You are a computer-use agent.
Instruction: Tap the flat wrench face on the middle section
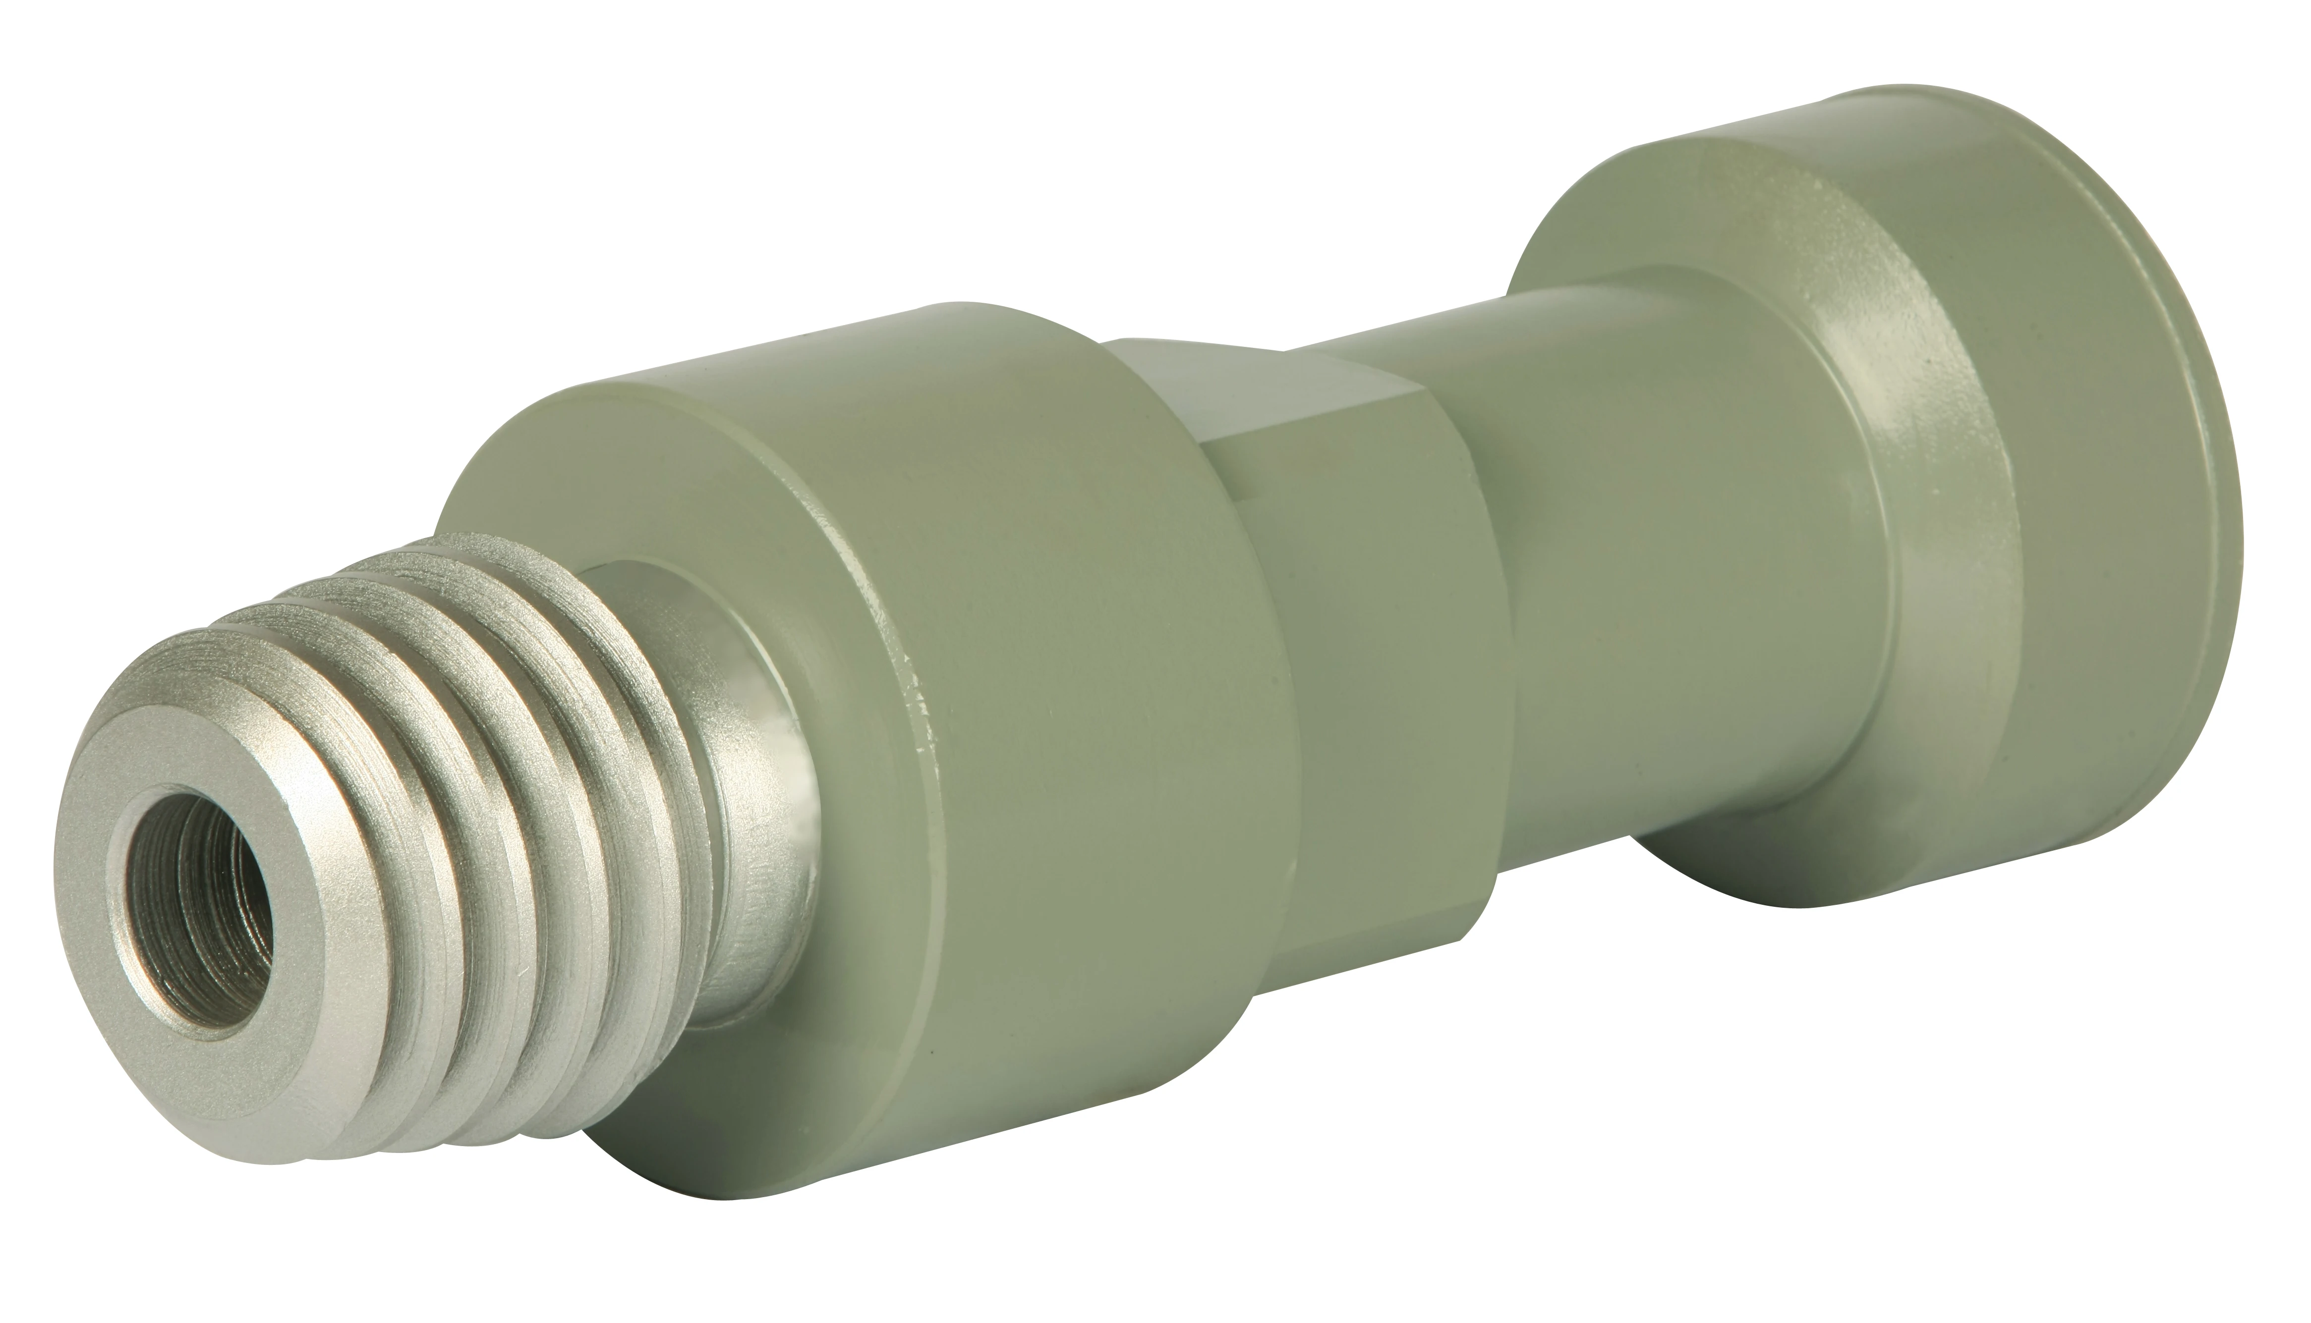[x=1272, y=391]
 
